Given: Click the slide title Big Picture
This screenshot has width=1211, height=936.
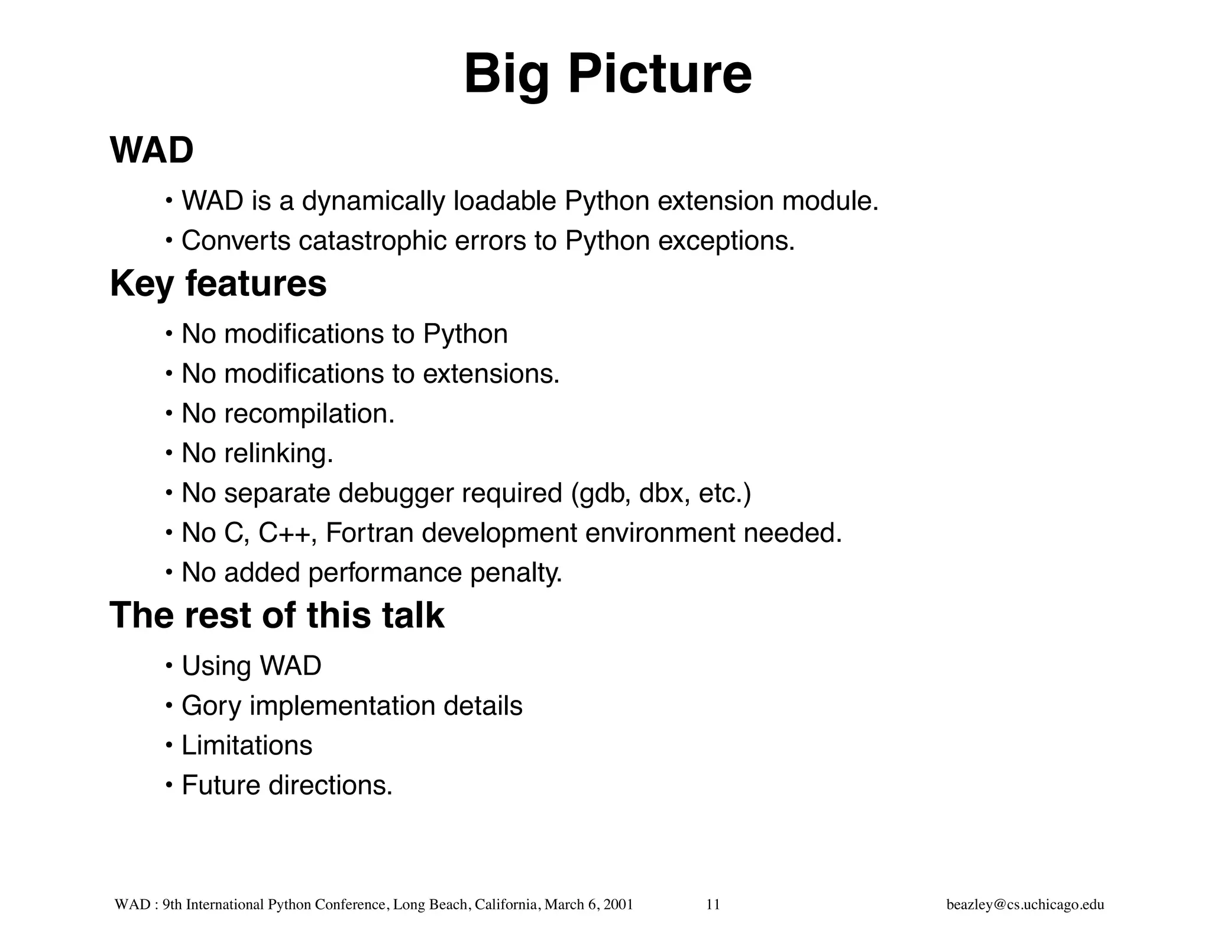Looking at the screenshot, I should pos(607,75).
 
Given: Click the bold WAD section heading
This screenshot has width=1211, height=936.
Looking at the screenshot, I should pos(151,150).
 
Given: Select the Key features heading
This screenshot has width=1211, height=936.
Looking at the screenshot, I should pos(218,283).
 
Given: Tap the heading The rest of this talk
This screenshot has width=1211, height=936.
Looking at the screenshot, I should pos(277,615).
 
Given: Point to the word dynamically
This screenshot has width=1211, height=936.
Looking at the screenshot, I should pos(373,201).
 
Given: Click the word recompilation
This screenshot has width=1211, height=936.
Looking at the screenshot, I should pos(309,414).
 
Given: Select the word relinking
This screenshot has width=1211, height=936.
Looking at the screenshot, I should pos(278,453).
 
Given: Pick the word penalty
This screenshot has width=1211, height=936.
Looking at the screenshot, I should pos(516,573).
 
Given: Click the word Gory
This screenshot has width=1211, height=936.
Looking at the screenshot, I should pos(211,706).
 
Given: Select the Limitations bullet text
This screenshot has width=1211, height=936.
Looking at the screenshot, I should pos(247,745).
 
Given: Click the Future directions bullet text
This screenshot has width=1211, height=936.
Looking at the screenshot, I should pos(287,785).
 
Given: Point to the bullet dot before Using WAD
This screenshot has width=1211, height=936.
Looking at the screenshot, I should pos(169,666).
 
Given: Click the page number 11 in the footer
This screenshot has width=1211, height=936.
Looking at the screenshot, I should pos(713,905).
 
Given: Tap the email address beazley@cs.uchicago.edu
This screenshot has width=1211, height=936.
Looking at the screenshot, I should pos(1025,905).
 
